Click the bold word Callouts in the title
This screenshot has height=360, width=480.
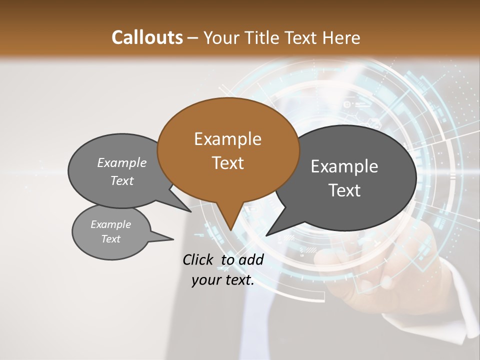coord(147,37)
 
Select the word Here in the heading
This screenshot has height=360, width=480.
coord(342,37)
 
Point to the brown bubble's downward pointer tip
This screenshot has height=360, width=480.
coord(230,230)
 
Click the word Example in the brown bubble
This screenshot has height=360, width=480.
coord(227,139)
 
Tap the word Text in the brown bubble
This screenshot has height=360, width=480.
coord(227,163)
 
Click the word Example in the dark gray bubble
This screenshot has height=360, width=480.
coord(344,166)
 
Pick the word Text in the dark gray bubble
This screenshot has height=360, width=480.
coord(344,190)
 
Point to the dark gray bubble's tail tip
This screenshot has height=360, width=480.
coord(266,235)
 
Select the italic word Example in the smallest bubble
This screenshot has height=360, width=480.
coord(110,224)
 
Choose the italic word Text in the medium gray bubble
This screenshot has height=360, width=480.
coord(122,181)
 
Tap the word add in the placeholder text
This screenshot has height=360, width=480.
coord(250,259)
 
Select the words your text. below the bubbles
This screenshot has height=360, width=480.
coord(223,280)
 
